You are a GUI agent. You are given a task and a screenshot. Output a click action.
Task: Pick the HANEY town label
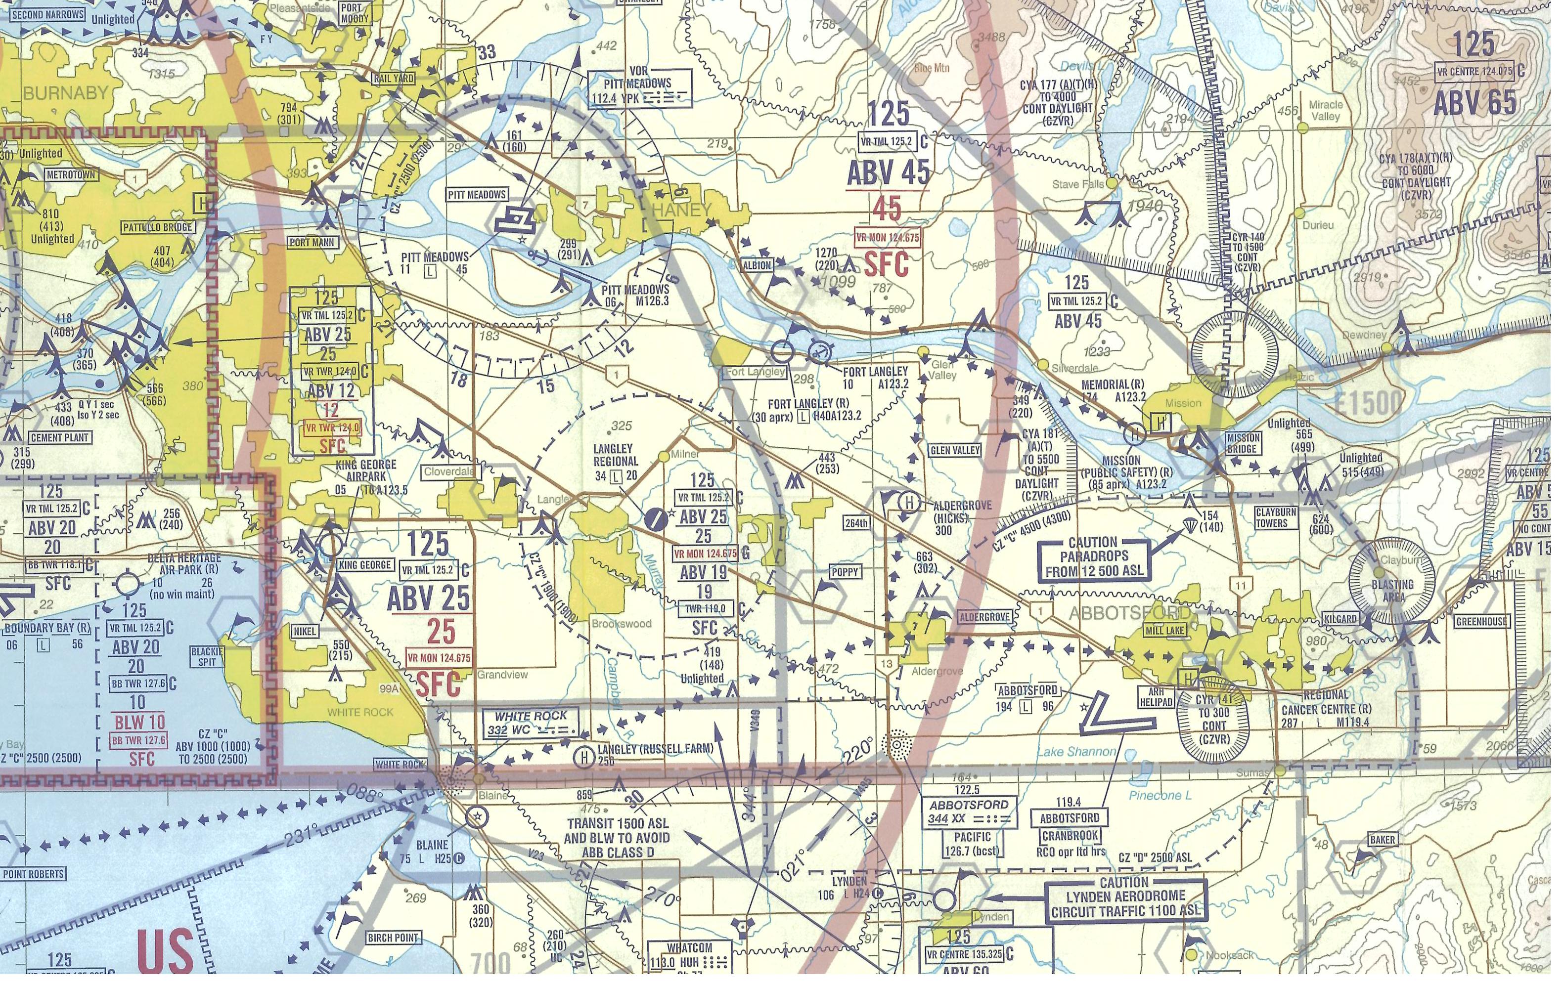pyautogui.click(x=681, y=210)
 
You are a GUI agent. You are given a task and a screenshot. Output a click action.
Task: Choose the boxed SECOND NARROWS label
pyautogui.click(x=44, y=14)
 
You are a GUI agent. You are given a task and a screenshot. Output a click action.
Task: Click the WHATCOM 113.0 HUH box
pyautogui.click(x=690, y=955)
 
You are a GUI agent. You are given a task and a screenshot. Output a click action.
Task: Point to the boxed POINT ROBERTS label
pyautogui.click(x=33, y=874)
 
